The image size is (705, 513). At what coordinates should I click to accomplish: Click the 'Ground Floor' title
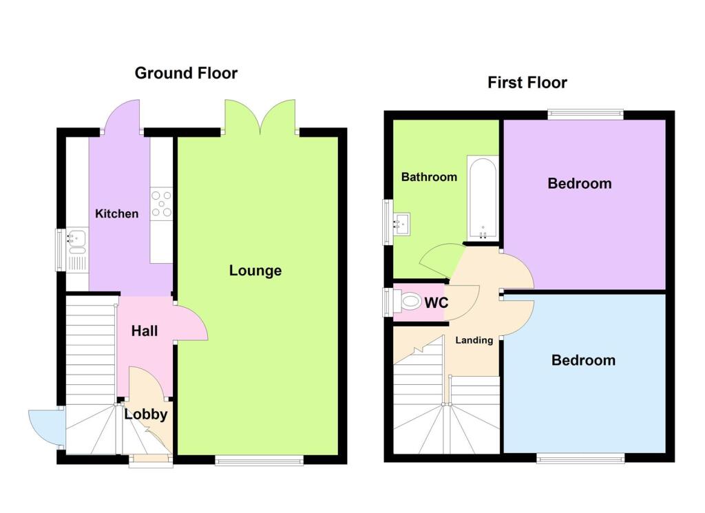186,73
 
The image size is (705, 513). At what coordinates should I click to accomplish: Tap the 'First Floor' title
527,83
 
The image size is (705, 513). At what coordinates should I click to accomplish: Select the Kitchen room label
116,213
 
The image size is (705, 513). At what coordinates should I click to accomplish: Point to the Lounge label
255,271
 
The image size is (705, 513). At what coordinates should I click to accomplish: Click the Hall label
145,331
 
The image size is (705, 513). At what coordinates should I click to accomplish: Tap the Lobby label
145,415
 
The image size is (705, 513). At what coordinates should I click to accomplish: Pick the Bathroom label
429,177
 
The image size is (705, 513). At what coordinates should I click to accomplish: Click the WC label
437,302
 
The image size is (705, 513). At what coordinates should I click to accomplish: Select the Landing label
474,340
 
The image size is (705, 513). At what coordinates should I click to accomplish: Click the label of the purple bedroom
579,183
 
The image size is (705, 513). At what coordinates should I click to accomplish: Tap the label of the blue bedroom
583,360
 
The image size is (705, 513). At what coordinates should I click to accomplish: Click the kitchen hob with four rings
162,203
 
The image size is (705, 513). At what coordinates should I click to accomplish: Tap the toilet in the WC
408,302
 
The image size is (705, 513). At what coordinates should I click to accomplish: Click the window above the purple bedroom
585,114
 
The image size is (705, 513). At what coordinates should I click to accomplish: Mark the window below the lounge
258,459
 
